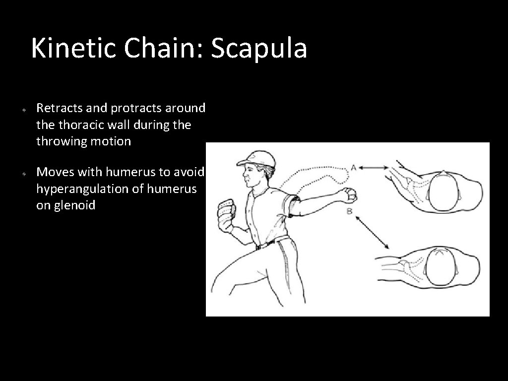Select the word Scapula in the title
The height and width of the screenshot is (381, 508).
coord(259,49)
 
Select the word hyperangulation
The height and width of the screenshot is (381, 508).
coord(80,189)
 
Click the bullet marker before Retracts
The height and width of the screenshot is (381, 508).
coord(23,109)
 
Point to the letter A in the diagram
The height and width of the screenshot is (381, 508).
coord(353,168)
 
